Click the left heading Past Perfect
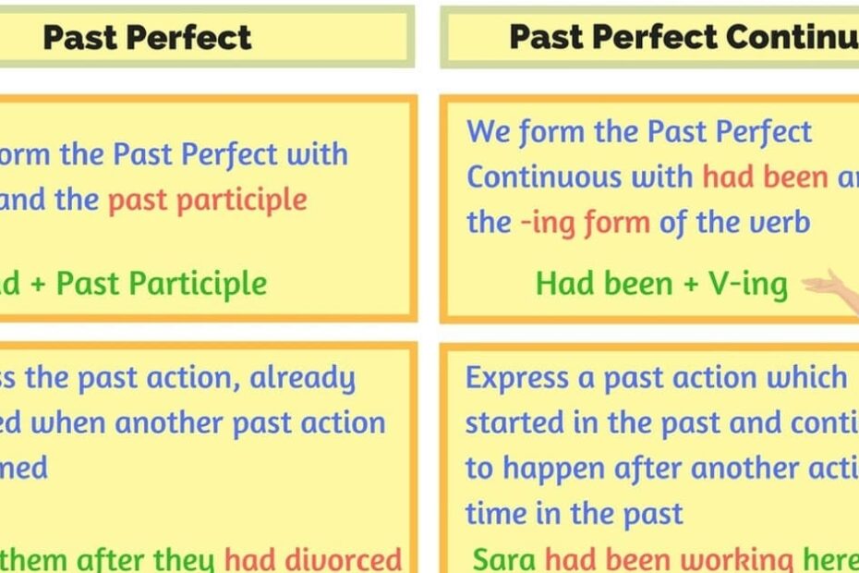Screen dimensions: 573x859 tap(147, 37)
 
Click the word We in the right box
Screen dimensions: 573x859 tap(488, 132)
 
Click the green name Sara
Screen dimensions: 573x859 tap(504, 558)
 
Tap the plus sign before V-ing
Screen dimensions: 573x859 tap(690, 284)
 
